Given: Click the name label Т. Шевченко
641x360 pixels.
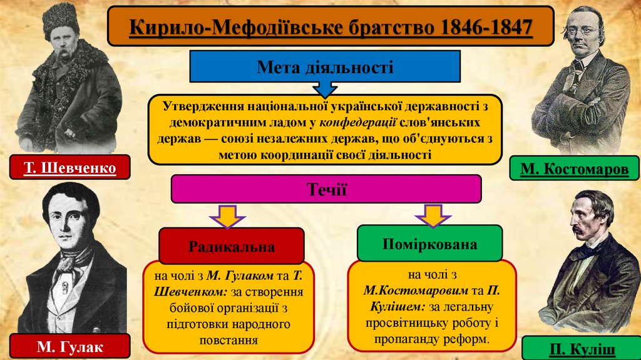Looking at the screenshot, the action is point(70,168).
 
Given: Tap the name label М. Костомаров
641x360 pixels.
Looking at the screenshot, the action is point(574,169).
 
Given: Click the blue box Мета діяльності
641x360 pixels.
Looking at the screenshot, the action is point(324,67).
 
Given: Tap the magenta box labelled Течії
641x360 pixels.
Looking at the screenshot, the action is point(326,188).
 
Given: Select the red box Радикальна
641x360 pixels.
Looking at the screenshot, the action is point(232,245).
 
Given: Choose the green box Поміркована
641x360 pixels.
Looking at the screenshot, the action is point(429,244).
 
